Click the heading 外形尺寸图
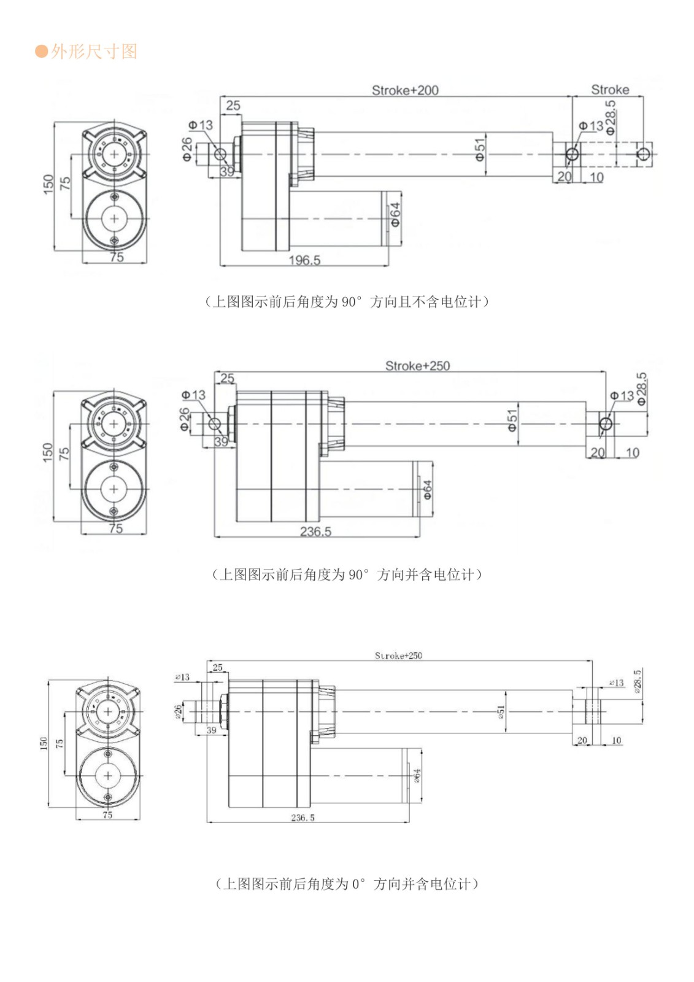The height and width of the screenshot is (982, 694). coord(94,52)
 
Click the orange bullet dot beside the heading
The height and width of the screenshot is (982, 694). coord(42,51)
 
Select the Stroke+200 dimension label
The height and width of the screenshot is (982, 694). coord(405,90)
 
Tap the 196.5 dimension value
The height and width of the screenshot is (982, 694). coord(304,260)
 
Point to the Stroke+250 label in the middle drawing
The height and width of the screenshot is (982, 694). coord(417,366)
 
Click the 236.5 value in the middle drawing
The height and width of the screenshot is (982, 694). coord(315,532)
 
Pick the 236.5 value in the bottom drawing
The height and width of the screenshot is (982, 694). coord(303,818)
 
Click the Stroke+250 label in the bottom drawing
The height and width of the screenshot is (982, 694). coord(398,655)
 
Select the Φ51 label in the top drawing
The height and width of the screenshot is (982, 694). coord(480,149)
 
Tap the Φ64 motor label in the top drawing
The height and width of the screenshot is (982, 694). coord(396,214)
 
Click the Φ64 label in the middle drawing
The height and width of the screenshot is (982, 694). coord(428,489)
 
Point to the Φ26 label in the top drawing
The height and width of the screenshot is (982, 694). coord(187,149)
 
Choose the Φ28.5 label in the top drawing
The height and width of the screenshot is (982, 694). coord(611,118)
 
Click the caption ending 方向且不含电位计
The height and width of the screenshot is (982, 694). coord(347,301)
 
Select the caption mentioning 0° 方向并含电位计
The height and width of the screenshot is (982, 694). coord(347,884)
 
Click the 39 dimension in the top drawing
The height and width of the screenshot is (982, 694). coord(227,172)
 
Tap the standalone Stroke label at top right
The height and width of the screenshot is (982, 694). coord(610,90)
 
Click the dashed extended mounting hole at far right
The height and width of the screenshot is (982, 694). coord(642,153)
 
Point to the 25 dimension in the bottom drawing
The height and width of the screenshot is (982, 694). coord(218,667)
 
